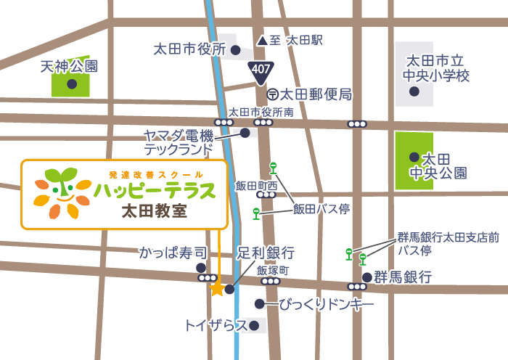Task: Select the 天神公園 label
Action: pyautogui.click(x=68, y=67)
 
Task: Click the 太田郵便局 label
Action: pyautogui.click(x=316, y=94)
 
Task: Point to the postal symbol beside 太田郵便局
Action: pyautogui.click(x=272, y=94)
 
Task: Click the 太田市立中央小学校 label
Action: pyautogui.click(x=438, y=68)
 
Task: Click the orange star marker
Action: pyautogui.click(x=217, y=289)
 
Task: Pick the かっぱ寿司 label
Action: pyautogui.click(x=173, y=253)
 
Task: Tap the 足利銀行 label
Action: pyautogui.click(x=266, y=253)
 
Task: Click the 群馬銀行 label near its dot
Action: pyautogui.click(x=403, y=277)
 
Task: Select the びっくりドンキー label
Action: pyautogui.click(x=327, y=304)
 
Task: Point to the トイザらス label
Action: pyautogui.click(x=216, y=325)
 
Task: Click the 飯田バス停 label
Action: pyautogui.click(x=321, y=209)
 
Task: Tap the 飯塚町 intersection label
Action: pyautogui.click(x=273, y=270)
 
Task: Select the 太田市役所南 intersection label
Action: pyautogui.click(x=261, y=112)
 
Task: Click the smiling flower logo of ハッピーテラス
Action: pyautogui.click(x=62, y=193)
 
